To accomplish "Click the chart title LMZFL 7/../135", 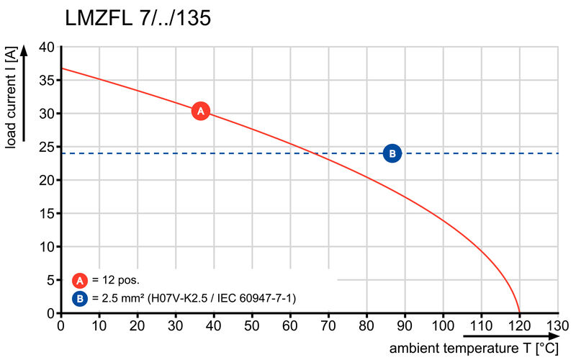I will point(138,19).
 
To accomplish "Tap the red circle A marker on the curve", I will point(201,111).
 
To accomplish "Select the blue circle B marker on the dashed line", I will point(392,153).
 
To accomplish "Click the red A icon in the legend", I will point(81,280).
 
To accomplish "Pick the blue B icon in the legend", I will point(81,297).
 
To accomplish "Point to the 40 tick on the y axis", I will point(46,48).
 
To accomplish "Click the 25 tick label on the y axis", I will point(46,148).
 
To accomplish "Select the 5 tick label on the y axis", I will point(50,281).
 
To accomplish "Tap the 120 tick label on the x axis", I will point(518,325).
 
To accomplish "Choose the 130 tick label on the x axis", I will point(557,325).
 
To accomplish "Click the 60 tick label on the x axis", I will point(290,325).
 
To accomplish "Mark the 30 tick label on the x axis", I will point(176,325).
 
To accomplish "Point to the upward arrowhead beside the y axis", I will point(24,51).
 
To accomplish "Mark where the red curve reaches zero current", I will point(519,312).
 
